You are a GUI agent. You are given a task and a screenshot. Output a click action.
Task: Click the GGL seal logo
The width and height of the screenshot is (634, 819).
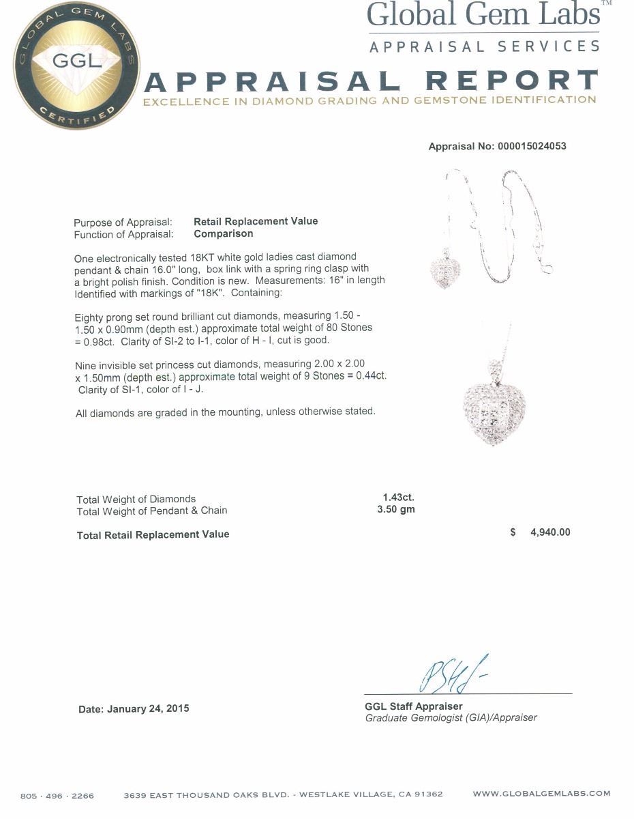click(x=76, y=67)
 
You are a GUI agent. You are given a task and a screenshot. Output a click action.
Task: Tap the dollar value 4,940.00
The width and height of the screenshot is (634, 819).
click(x=550, y=532)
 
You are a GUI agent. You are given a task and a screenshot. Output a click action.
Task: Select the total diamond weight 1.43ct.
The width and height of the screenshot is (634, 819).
click(x=399, y=498)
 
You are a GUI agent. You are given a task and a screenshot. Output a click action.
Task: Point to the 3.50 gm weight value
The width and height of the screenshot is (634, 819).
click(x=396, y=509)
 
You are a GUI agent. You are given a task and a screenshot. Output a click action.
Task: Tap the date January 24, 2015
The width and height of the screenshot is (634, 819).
click(x=147, y=709)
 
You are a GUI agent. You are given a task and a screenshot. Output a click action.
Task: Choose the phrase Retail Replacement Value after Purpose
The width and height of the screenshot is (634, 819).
click(x=256, y=221)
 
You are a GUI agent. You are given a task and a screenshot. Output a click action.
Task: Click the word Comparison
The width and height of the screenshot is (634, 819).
click(x=224, y=233)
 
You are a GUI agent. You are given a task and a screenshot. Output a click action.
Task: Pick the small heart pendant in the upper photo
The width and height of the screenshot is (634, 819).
click(x=445, y=272)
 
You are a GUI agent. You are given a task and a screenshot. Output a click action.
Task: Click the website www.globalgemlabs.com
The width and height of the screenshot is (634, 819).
click(x=541, y=794)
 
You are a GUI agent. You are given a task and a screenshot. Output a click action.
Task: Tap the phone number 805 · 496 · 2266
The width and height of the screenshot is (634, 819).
click(x=57, y=795)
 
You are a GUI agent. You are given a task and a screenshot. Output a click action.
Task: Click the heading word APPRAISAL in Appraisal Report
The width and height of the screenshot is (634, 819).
click(x=273, y=82)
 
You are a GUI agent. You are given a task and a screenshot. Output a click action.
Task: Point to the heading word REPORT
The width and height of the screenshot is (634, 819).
click(x=511, y=82)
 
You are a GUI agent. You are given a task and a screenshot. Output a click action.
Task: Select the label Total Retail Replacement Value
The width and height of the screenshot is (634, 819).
click(x=153, y=535)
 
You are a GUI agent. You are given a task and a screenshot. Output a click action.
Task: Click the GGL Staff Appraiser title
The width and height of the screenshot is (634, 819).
click(x=414, y=706)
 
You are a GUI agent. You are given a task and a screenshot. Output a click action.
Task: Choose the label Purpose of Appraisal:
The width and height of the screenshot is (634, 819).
click(x=123, y=222)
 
